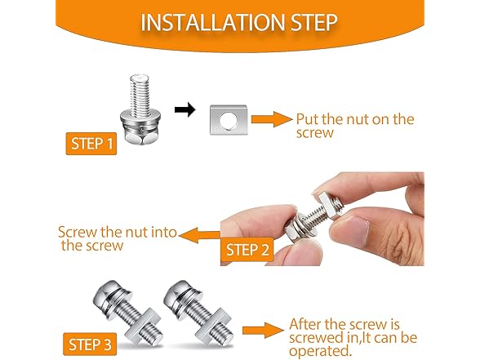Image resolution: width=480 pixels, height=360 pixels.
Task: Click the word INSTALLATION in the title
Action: [207, 21]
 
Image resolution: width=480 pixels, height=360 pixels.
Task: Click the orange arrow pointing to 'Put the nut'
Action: [271, 119]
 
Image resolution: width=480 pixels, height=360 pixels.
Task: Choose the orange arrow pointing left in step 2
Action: [198, 237]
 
